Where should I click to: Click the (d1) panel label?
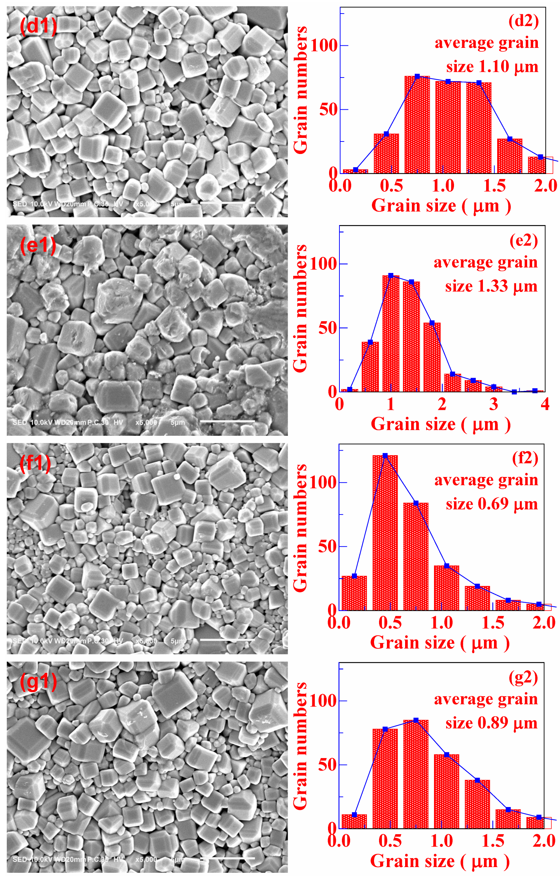pyautogui.click(x=39, y=26)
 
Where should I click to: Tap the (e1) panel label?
pyautogui.click(x=38, y=245)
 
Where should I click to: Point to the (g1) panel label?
pyautogui.click(x=39, y=681)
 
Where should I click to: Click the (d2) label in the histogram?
pyautogui.click(x=524, y=21)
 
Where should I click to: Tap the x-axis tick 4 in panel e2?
pyautogui.click(x=545, y=404)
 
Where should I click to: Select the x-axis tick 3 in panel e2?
pyautogui.click(x=494, y=404)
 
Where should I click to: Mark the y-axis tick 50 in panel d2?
pyautogui.click(x=328, y=109)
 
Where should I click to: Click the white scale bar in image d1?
pyautogui.click(x=227, y=202)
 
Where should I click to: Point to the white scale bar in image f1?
pyautogui.click(x=227, y=640)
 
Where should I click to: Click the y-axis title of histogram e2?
pyautogui.click(x=301, y=308)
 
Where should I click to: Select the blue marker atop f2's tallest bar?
pyautogui.click(x=385, y=456)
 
